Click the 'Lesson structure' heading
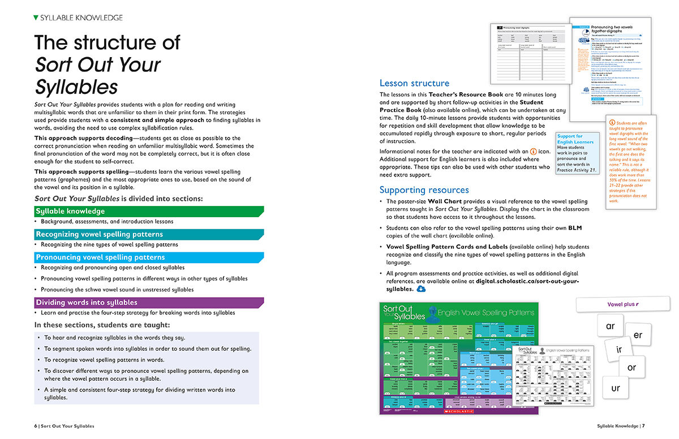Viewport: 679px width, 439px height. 414,83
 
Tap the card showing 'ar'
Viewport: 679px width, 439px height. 610,326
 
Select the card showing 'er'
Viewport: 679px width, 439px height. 638,335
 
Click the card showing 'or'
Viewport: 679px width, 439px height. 632,367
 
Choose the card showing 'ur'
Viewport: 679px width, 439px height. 616,388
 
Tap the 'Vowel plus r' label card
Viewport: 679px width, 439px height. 622,304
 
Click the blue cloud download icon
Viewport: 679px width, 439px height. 421,289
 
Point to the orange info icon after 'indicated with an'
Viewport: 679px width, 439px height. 533,152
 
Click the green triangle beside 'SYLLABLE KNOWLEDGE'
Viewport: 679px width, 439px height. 36,18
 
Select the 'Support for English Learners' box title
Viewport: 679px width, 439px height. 575,139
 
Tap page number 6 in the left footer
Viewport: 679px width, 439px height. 36,426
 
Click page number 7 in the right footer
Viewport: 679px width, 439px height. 643,426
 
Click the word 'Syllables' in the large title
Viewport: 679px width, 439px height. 76,87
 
